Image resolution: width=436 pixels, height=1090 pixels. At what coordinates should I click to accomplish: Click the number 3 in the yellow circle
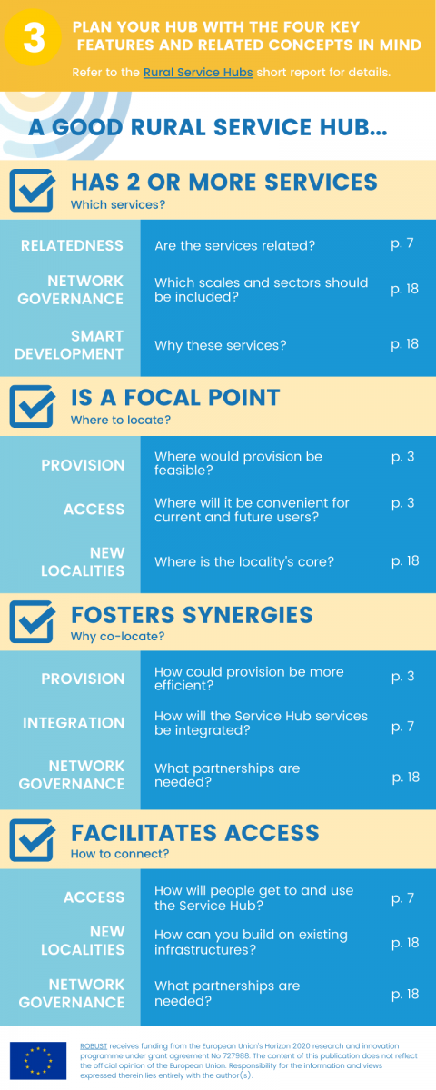[35, 38]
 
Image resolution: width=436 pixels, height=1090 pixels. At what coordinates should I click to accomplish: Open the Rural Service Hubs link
[198, 73]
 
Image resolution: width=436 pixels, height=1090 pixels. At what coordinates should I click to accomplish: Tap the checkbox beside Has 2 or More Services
[32, 190]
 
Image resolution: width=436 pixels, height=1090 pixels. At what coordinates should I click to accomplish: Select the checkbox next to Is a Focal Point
[32, 406]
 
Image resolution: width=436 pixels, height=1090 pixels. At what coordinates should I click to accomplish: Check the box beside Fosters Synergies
[32, 621]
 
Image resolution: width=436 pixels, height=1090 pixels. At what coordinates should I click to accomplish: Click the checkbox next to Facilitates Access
[32, 839]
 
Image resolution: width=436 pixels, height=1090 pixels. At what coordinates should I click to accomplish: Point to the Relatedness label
[72, 245]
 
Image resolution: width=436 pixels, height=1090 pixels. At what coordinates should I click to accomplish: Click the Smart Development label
[69, 345]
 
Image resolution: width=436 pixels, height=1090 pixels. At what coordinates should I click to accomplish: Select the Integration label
[74, 723]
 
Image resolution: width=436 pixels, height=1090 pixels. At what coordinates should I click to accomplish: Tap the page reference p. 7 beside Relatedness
[402, 243]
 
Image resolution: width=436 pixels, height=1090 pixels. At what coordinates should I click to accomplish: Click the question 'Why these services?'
[221, 345]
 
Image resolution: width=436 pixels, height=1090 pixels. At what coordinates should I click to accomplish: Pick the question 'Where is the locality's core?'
[244, 561]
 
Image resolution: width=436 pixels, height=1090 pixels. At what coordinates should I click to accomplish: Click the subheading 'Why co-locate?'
[118, 637]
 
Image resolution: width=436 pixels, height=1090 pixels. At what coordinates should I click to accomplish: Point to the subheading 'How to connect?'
[120, 854]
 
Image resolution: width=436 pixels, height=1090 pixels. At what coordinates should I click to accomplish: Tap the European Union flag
[38, 1061]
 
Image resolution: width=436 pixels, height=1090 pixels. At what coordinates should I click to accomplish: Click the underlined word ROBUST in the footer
[94, 1046]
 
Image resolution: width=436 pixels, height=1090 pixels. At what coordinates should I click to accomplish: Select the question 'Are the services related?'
[235, 246]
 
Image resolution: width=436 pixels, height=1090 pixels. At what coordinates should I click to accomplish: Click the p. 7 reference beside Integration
[403, 727]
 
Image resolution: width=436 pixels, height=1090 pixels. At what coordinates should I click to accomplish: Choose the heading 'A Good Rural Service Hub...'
[208, 127]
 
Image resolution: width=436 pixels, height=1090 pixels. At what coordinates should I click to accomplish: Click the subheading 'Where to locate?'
[121, 420]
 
